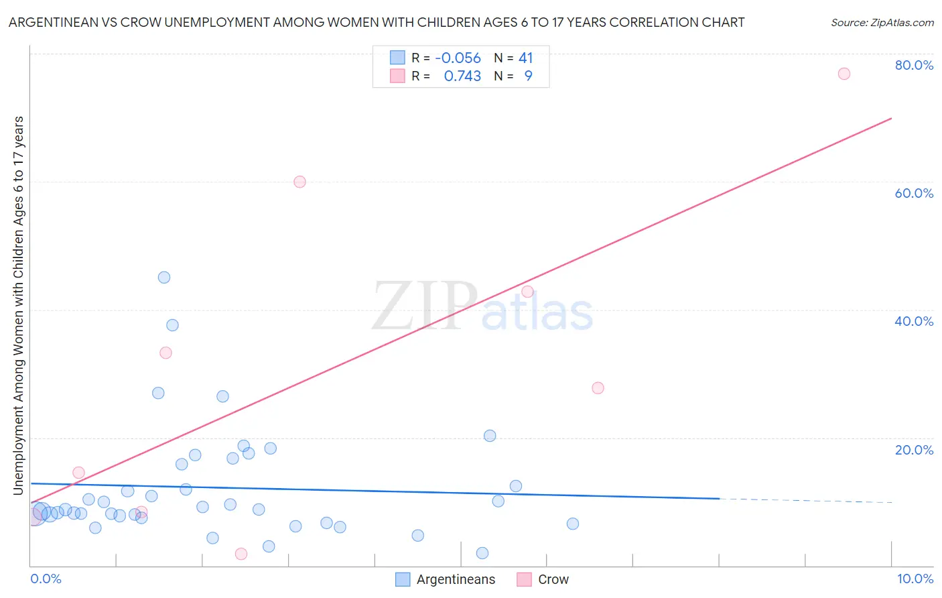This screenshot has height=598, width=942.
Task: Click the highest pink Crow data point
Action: click(x=844, y=74)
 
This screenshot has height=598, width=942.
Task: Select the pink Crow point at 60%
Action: click(x=299, y=182)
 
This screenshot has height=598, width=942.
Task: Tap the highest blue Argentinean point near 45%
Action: click(x=164, y=278)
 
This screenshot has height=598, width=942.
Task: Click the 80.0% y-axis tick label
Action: click(x=914, y=65)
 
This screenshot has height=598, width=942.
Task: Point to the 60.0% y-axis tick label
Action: click(x=914, y=193)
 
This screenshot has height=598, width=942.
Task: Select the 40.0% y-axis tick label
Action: click(x=914, y=321)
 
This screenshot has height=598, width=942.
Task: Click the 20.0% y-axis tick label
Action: click(x=914, y=450)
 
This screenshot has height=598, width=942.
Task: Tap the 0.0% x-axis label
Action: click(x=46, y=579)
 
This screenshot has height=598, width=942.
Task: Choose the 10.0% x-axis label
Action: click(x=915, y=579)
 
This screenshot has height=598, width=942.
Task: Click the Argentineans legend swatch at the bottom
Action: click(x=403, y=580)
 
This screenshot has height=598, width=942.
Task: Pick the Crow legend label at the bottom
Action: click(x=553, y=580)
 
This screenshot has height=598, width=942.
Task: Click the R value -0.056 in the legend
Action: click(x=458, y=58)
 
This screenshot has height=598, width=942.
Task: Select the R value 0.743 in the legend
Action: click(x=462, y=76)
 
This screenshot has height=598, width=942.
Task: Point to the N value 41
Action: click(x=525, y=58)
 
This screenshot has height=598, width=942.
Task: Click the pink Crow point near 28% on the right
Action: click(x=598, y=388)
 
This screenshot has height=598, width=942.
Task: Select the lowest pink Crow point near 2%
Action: click(x=241, y=554)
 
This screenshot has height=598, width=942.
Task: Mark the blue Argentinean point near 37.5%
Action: click(x=172, y=325)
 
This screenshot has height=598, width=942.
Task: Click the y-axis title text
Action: click(x=19, y=306)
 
